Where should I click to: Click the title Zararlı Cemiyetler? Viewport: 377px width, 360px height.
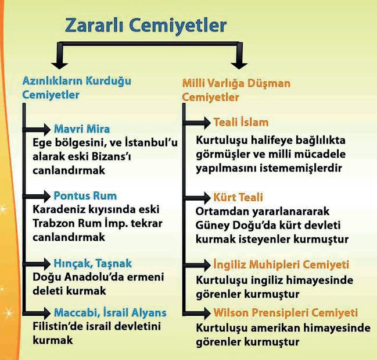(146, 25)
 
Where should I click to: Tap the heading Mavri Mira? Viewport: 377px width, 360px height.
(82, 129)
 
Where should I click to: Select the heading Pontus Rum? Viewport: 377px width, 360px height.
(85, 195)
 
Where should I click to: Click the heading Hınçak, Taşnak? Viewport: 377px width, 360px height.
(93, 263)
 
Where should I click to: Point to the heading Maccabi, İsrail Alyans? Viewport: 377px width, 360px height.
(110, 313)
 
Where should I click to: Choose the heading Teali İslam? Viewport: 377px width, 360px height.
(241, 122)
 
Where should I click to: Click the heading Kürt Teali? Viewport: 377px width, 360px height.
(238, 197)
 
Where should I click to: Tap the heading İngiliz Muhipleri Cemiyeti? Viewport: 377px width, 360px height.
(281, 265)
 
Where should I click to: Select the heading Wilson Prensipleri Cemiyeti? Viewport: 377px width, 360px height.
(286, 313)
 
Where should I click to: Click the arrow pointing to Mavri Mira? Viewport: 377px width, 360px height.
(37, 130)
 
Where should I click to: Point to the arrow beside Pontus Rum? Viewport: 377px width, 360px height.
(37, 197)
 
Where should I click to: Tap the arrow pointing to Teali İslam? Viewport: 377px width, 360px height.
(197, 123)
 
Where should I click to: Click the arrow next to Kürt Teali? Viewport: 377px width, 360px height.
(197, 198)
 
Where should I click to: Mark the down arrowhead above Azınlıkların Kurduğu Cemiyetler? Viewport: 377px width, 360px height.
(60, 66)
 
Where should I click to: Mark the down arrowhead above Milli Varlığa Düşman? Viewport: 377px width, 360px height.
(239, 66)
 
